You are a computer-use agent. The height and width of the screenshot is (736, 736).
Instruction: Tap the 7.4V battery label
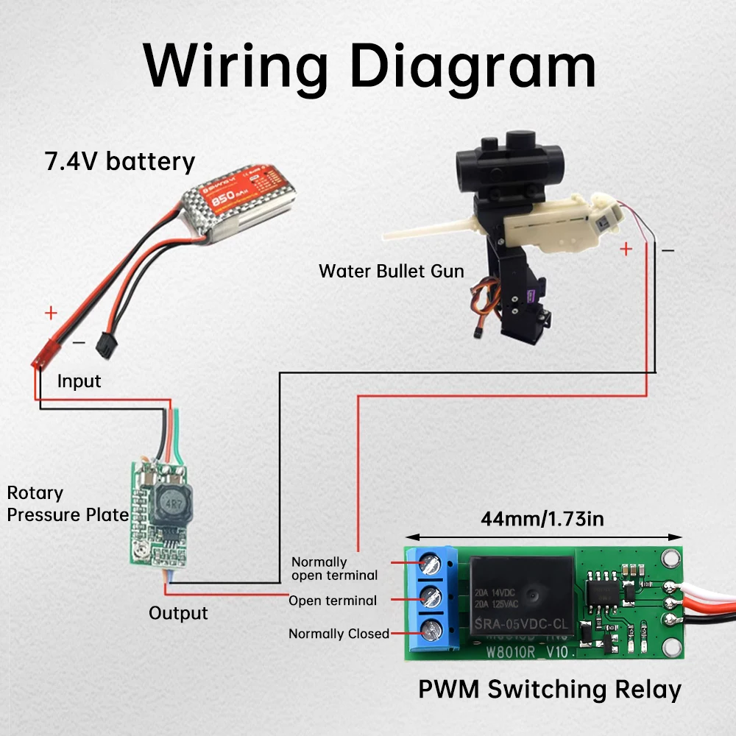120,161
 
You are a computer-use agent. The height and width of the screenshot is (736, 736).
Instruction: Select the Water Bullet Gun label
391,271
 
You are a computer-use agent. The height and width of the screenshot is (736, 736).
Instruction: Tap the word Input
79,381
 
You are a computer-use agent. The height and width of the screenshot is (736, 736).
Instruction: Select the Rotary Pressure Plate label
68,504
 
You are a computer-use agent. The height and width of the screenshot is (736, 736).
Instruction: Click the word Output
178,613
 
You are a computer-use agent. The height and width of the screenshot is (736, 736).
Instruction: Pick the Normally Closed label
339,634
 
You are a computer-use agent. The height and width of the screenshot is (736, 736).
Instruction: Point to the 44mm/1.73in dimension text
542,519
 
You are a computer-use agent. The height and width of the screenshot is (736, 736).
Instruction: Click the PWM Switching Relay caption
549,690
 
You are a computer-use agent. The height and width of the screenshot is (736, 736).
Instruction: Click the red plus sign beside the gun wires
626,250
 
